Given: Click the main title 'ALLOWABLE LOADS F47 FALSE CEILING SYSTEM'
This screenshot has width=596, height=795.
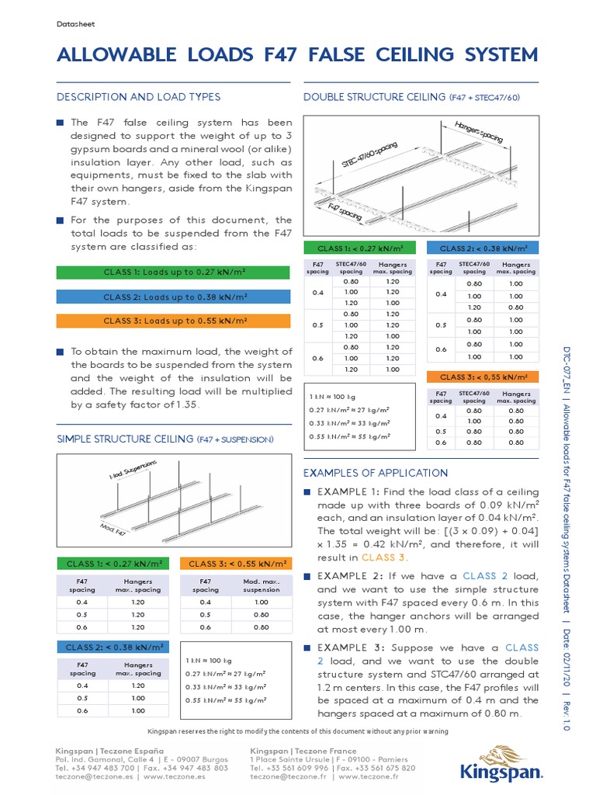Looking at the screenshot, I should (x=297, y=55).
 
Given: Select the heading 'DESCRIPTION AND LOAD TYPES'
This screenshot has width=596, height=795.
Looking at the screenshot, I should (x=139, y=97).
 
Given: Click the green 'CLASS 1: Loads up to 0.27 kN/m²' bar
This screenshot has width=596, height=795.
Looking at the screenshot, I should (x=175, y=272).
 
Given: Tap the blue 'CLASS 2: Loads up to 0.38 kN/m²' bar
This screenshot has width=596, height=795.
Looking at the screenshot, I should (x=175, y=297).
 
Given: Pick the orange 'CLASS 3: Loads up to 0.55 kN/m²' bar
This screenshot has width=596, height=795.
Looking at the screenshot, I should (x=175, y=321).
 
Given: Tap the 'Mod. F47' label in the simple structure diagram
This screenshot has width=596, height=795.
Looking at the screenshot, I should (x=113, y=529).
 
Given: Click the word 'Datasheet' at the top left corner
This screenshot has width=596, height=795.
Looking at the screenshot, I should (x=75, y=24).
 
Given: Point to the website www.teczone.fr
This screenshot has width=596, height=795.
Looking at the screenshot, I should (x=369, y=776).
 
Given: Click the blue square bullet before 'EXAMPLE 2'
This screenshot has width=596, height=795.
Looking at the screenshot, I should (x=307, y=576).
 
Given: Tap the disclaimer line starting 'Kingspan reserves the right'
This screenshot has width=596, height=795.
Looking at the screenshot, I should (x=297, y=732).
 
